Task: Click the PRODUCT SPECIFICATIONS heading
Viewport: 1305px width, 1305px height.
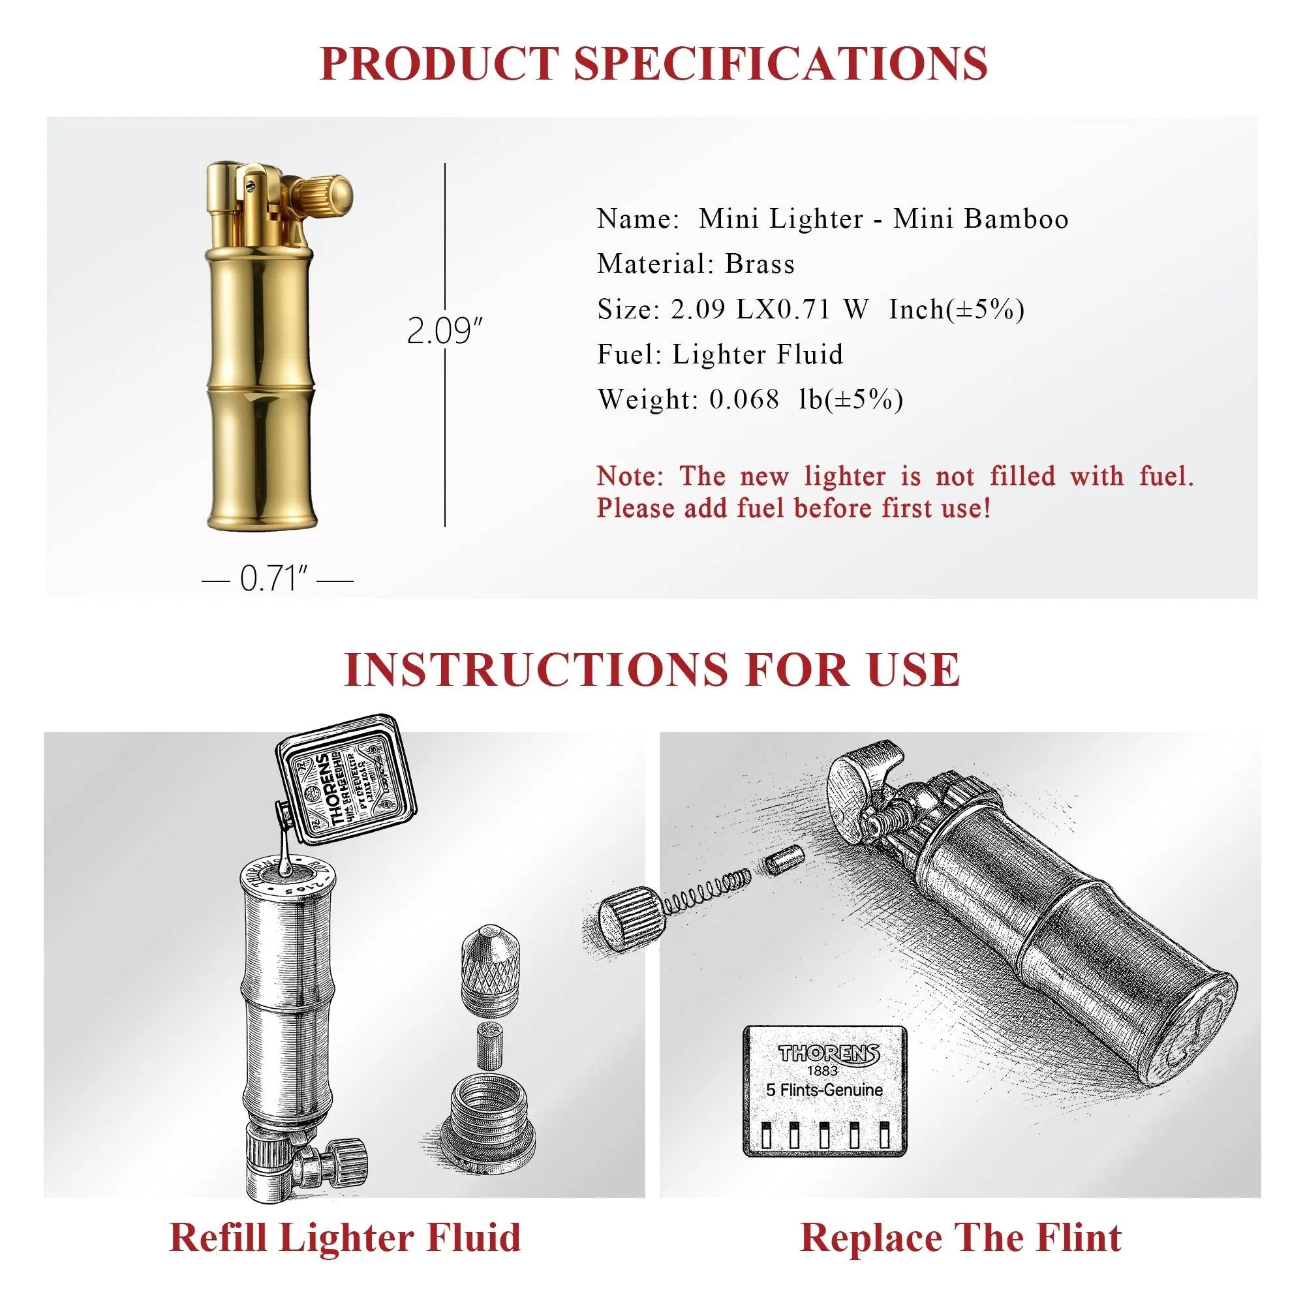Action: point(652,63)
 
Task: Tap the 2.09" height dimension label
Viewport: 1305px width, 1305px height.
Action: point(444,331)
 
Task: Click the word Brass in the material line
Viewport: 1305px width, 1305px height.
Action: point(760,264)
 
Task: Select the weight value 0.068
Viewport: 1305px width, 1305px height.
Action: point(744,399)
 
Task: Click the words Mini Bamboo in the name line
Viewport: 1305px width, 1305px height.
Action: point(981,219)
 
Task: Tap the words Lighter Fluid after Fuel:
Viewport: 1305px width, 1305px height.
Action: point(757,354)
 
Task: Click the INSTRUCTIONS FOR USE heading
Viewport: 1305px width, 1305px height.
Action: point(652,669)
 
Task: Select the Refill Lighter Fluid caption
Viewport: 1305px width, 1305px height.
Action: point(345,1237)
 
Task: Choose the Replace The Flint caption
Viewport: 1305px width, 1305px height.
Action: point(960,1237)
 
